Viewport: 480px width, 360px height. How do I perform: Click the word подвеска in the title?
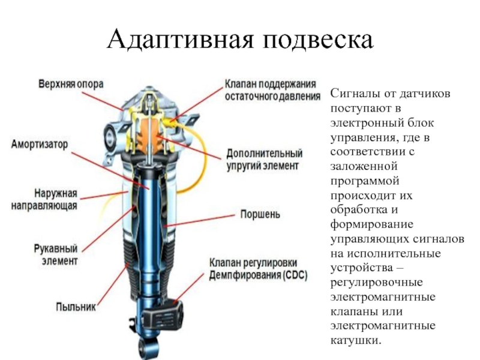click(318, 40)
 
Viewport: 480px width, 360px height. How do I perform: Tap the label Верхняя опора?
click(71, 84)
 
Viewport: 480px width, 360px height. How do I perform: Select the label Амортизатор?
click(39, 144)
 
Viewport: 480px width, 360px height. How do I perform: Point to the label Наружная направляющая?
click(44, 200)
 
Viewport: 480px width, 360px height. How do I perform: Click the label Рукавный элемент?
click(55, 254)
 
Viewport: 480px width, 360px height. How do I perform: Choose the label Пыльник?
click(76, 307)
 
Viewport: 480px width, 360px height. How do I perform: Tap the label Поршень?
click(260, 214)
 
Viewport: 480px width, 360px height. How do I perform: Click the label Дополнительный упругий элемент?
click(264, 160)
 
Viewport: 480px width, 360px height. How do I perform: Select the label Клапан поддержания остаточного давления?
click(272, 90)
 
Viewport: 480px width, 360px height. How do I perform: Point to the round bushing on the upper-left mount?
click(109, 136)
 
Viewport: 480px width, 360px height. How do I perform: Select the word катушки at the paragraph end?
click(356, 340)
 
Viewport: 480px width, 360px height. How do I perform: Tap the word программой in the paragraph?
click(365, 181)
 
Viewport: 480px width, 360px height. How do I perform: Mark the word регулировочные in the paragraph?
click(377, 282)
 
